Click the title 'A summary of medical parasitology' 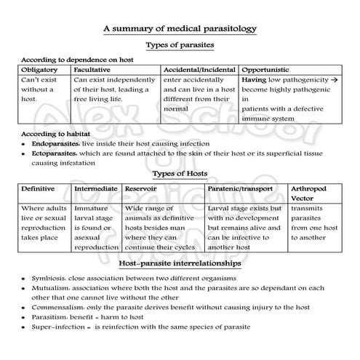180,29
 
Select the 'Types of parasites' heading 180,45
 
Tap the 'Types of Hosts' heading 180,174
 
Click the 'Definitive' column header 39,188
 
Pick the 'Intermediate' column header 97,188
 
